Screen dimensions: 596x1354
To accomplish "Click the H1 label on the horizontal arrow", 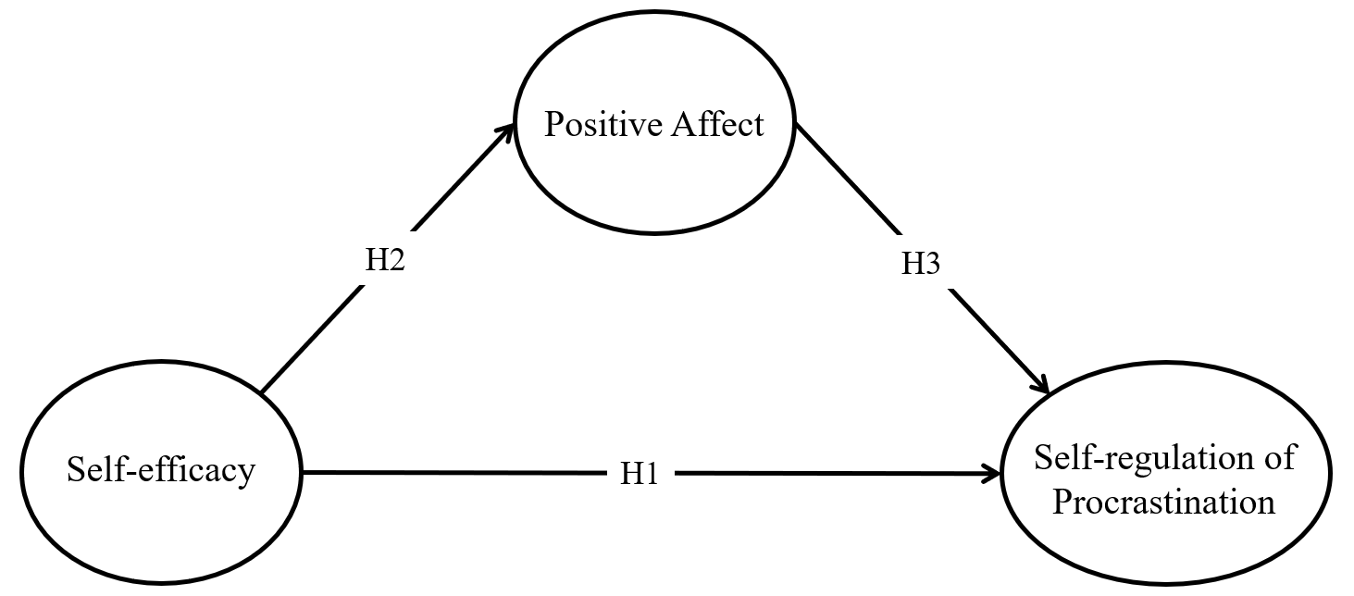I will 638,475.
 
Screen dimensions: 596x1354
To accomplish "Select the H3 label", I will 921,264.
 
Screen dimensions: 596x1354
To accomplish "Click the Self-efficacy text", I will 161,471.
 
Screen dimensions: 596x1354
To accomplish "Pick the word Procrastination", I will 1164,503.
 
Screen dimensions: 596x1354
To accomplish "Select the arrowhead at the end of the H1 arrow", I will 995,475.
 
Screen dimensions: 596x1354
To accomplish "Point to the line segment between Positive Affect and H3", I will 847,178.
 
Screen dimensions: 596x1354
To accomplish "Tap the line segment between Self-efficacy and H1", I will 453,474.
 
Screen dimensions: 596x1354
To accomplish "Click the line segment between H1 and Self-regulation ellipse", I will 833,475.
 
